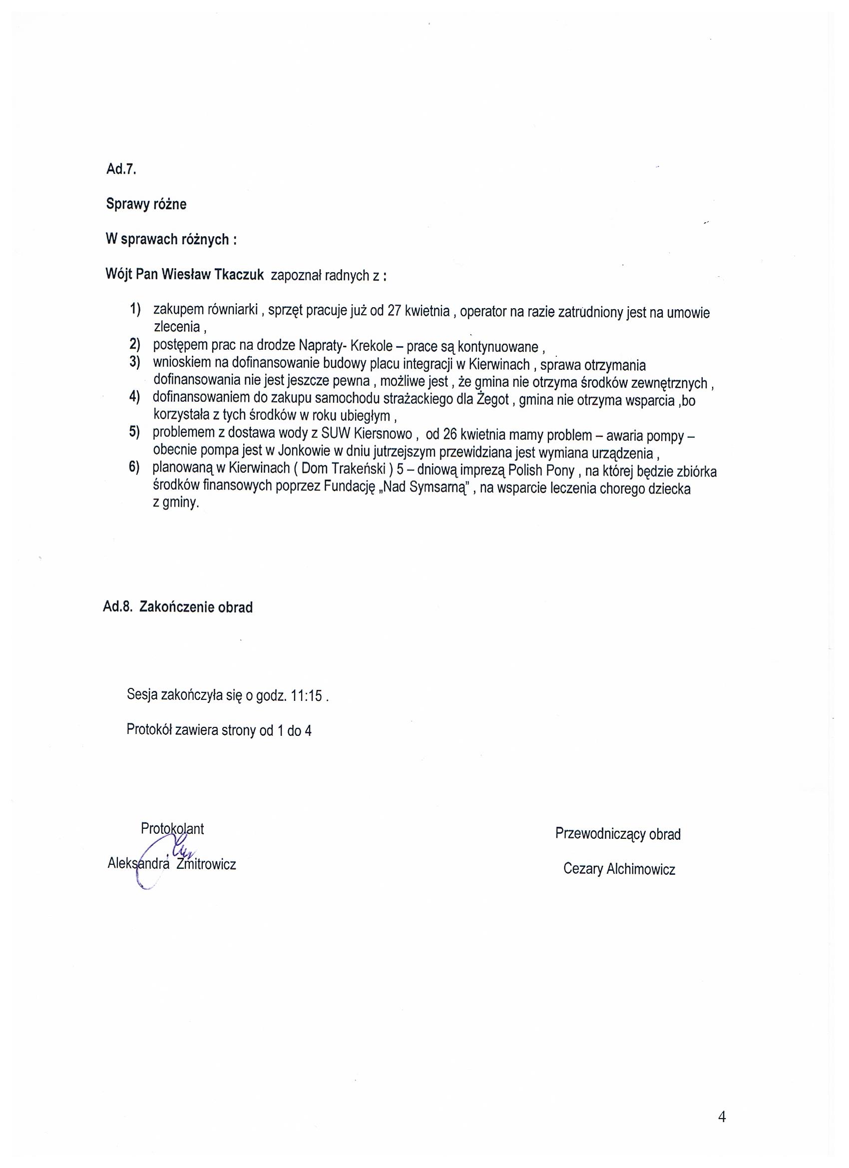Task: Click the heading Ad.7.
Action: [x=121, y=169]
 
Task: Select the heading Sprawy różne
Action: [x=146, y=204]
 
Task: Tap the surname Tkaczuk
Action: [x=239, y=275]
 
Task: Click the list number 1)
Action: [x=135, y=309]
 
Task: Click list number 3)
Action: [x=135, y=362]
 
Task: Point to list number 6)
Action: [x=134, y=468]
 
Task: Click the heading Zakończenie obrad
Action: [x=196, y=607]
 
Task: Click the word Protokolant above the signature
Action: [x=172, y=829]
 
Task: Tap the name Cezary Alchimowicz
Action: [x=619, y=869]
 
